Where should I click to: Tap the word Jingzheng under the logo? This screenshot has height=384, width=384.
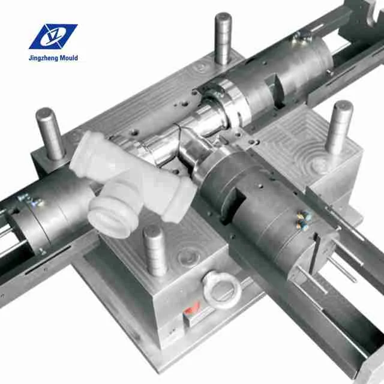tap(46, 58)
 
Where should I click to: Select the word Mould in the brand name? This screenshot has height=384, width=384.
tap(67, 58)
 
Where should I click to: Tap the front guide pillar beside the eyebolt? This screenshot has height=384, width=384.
tap(155, 250)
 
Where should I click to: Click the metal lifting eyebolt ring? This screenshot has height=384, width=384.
tap(221, 287)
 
